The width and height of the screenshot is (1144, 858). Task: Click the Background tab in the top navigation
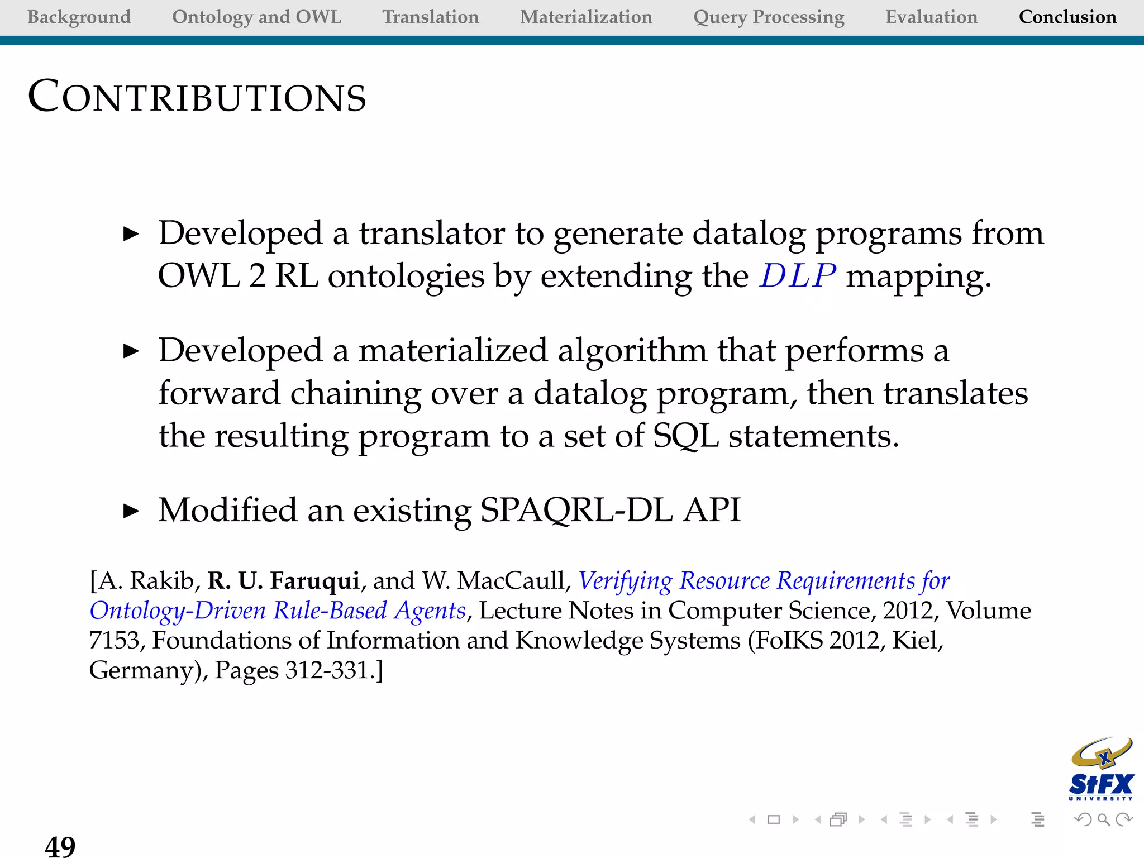coord(79,17)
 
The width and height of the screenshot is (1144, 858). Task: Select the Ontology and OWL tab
coord(256,17)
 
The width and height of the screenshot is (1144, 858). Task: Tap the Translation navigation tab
coord(430,17)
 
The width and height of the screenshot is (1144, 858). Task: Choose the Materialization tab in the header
coord(586,17)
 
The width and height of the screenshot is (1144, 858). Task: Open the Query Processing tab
coord(769,17)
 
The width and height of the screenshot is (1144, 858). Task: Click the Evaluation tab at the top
coord(931,17)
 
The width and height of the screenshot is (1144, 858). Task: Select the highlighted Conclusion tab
coord(1067,17)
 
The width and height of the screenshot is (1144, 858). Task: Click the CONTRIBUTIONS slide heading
coord(197,97)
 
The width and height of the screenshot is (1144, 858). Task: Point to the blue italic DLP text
coord(797,276)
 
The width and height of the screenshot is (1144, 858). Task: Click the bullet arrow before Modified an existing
coord(131,511)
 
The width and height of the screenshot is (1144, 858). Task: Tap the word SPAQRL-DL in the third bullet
coord(576,510)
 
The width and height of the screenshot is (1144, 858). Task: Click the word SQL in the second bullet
coord(685,436)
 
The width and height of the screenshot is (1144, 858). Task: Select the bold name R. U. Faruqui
coord(283,581)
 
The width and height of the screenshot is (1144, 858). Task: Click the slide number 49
coord(60,845)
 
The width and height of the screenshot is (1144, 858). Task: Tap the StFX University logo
coord(1100,770)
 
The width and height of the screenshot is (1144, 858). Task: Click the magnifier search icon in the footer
coord(1104,819)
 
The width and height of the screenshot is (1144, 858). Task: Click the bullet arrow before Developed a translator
coord(131,234)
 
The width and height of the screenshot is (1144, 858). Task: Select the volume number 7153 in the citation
coord(114,641)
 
